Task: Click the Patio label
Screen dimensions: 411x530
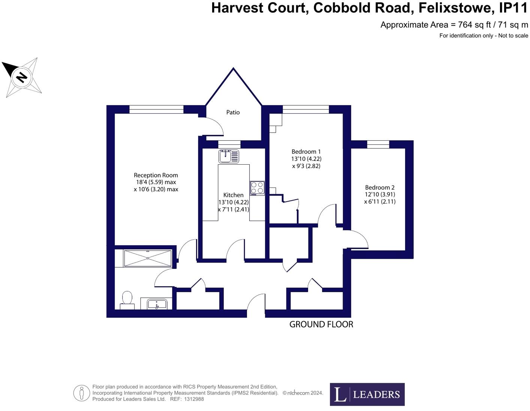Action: (x=233, y=112)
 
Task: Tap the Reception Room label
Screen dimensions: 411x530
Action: (x=156, y=175)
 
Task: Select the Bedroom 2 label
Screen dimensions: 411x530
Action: (x=380, y=187)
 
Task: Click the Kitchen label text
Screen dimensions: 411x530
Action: (x=233, y=195)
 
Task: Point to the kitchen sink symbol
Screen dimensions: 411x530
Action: (x=229, y=156)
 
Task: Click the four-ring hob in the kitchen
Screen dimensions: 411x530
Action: (x=257, y=188)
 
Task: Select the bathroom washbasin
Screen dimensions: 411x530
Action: (x=157, y=304)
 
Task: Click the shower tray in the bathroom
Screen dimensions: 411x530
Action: (x=148, y=258)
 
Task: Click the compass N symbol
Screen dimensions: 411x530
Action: (x=22, y=77)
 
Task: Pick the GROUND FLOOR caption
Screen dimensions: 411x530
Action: (x=321, y=324)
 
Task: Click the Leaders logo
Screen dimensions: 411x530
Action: (x=367, y=394)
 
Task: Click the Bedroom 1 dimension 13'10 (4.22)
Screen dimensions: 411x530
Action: (x=306, y=159)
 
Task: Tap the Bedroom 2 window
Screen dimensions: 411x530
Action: (x=378, y=144)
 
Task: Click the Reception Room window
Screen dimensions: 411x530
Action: (x=156, y=109)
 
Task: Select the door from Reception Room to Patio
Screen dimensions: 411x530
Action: (x=214, y=126)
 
